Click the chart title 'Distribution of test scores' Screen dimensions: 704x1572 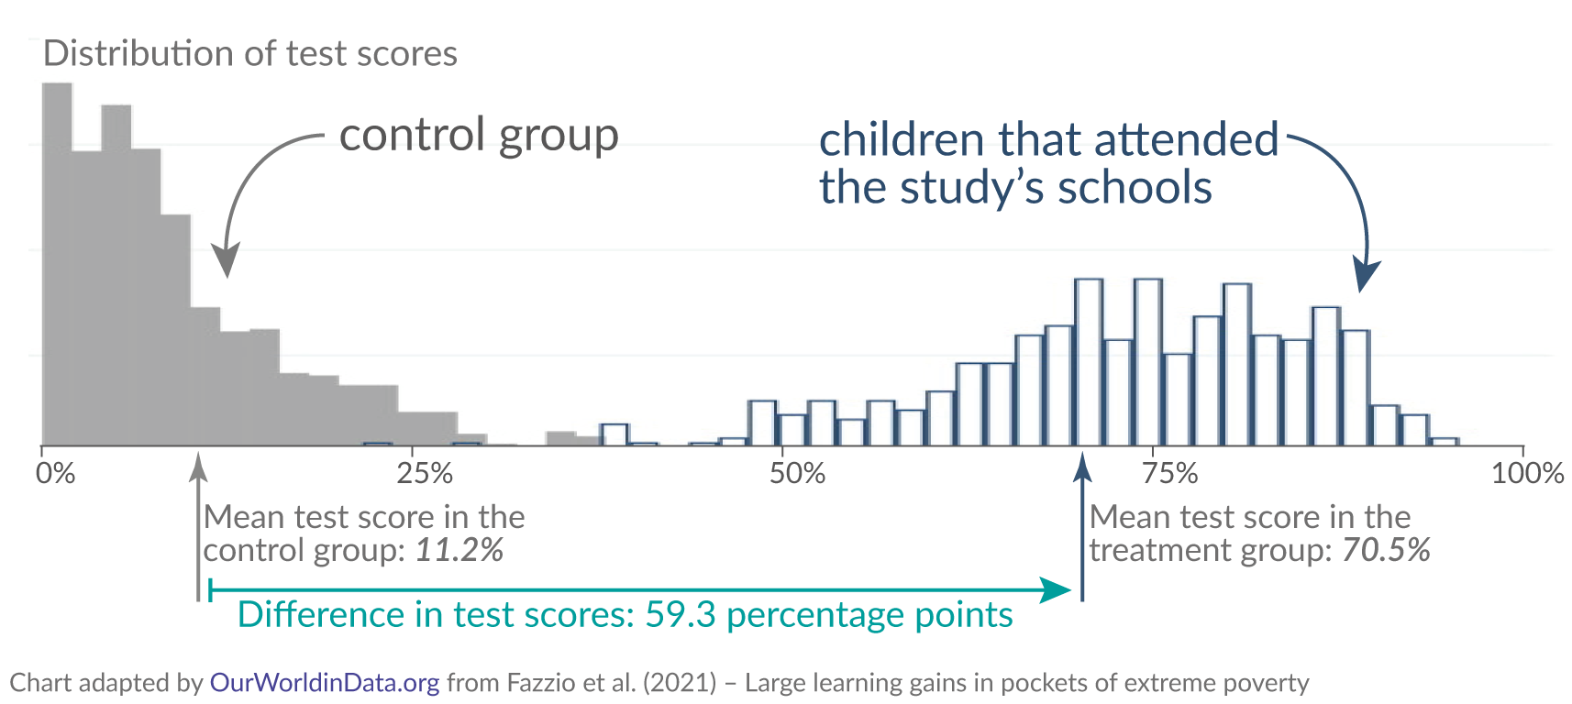(x=249, y=54)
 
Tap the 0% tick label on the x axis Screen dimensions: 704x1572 (x=56, y=474)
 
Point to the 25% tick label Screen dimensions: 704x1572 (x=425, y=474)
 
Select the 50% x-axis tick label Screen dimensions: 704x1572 (x=797, y=474)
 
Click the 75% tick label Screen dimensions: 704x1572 (x=1170, y=474)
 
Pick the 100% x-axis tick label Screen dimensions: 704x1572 (x=1527, y=474)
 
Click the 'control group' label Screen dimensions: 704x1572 (x=479, y=135)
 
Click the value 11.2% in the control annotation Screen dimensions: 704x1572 (x=459, y=550)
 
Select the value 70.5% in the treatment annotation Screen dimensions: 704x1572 (x=1386, y=550)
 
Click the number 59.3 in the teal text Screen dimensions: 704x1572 (x=680, y=615)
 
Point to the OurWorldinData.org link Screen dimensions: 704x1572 (x=325, y=683)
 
